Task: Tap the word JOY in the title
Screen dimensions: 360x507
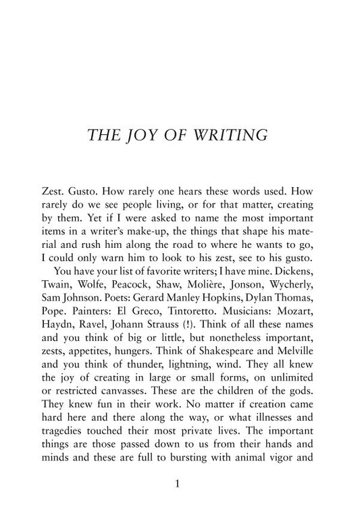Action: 152,136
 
